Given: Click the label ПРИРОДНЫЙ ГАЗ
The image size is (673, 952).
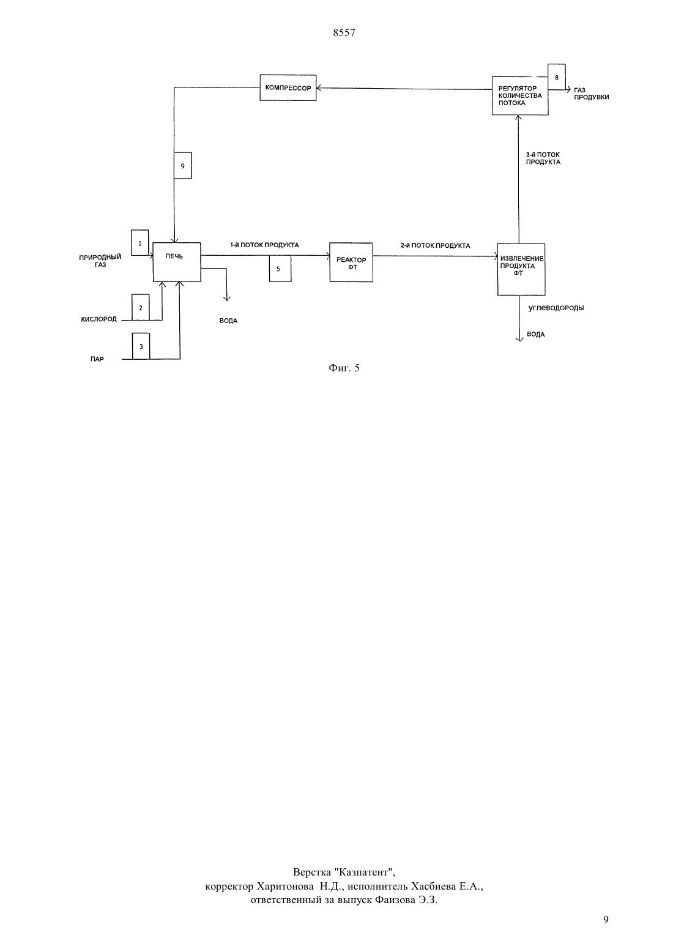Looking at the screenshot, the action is [100, 261].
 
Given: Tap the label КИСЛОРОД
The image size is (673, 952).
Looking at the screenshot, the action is [99, 319].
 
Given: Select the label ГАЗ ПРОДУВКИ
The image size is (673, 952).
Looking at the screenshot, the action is [591, 94].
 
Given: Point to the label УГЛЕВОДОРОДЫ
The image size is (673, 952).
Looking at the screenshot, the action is [556, 308].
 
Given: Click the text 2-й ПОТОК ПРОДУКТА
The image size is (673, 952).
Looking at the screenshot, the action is [435, 246].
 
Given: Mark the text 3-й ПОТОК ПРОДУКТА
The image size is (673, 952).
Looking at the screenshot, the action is [543, 158].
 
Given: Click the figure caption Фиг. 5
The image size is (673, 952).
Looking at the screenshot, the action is [344, 368].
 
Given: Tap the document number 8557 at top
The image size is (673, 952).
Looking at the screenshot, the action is [344, 32].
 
